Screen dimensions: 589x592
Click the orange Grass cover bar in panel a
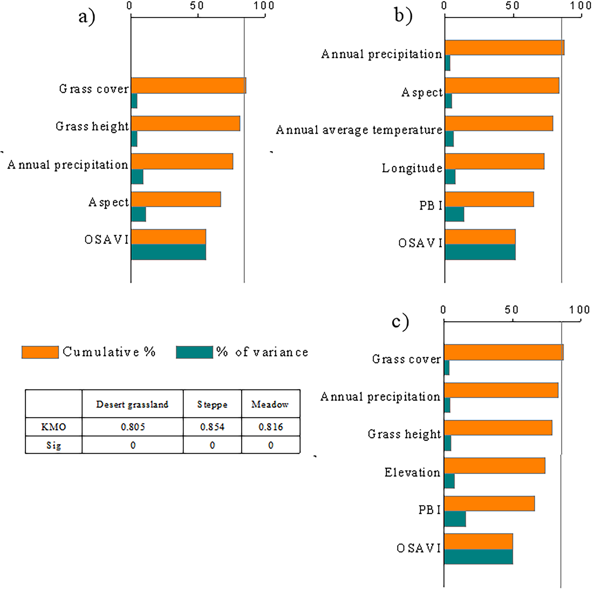coord(188,85)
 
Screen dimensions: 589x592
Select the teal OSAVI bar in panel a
coord(169,252)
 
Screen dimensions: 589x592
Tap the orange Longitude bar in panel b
coord(495,161)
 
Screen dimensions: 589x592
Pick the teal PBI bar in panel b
coord(454,214)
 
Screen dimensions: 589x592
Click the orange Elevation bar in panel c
coord(495,466)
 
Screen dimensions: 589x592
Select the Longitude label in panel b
coord(412,168)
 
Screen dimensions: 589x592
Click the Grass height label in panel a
coord(92,126)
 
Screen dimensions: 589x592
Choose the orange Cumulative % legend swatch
coord(40,352)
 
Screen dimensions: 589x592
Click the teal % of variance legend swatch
coord(194,352)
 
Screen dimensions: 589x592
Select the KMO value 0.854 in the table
coord(212,427)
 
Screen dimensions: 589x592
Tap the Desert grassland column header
coord(132,404)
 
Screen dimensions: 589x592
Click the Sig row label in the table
coord(54,445)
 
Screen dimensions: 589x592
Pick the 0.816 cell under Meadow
coord(271,427)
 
